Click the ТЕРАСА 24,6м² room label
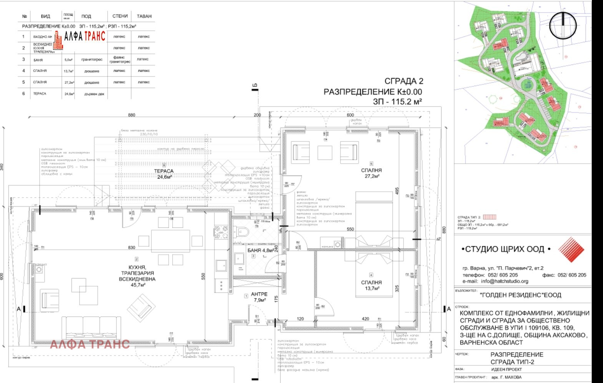pos(164,174)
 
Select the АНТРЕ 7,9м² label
pos(259,297)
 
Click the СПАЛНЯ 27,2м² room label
pos(372,173)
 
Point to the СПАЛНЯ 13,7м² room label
pos(372,285)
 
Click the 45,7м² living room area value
pos(138,285)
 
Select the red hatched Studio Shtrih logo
pos(571,250)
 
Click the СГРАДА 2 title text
pos(404,81)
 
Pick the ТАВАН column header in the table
pos(144,16)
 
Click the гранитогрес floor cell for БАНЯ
pos(92,60)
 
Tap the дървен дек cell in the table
pos(94,94)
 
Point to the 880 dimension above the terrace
pos(132,115)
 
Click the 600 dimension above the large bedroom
pos(351,115)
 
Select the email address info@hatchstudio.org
pos(505,281)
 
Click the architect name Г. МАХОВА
pos(507,377)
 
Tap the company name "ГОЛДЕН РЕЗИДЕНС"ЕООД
pos(521,295)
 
